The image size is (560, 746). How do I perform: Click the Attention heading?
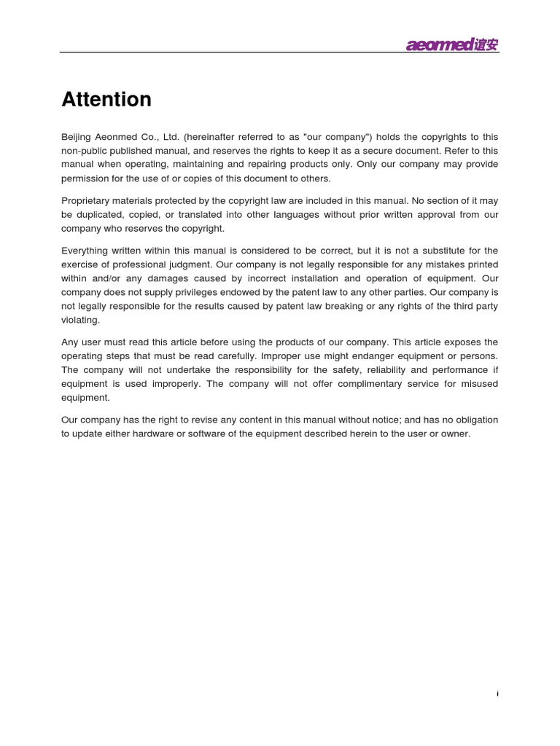(106, 99)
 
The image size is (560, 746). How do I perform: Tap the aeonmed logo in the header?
(452, 46)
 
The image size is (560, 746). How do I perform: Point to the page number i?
(497, 694)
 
